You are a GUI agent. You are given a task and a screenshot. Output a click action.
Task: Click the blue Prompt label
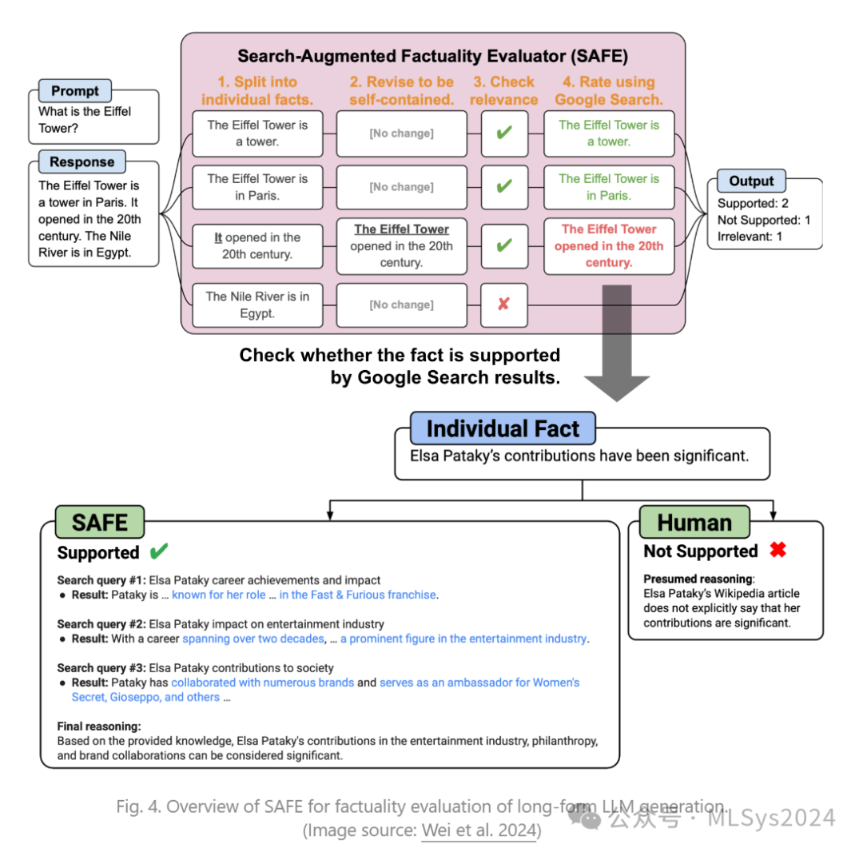[75, 90]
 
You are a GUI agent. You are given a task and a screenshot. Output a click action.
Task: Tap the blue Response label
[82, 161]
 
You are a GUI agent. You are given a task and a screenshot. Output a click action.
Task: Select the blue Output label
[751, 181]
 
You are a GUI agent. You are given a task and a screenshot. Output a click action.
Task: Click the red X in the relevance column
[503, 305]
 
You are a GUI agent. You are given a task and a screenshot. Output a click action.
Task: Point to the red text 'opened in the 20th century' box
[609, 245]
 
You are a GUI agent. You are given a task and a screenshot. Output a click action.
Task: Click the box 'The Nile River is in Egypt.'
[257, 305]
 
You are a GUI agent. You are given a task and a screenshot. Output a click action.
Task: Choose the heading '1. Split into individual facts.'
[257, 90]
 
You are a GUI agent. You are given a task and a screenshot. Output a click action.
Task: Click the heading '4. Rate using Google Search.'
[609, 90]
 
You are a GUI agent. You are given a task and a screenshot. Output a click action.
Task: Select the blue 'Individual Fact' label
[503, 428]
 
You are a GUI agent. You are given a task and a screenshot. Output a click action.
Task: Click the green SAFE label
[100, 522]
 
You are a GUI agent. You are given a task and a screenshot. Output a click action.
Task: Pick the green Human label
[694, 522]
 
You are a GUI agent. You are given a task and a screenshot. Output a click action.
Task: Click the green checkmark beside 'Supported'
[159, 551]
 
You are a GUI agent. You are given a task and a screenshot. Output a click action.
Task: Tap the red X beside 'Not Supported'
[777, 550]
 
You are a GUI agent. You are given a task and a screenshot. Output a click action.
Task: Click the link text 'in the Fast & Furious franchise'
[358, 595]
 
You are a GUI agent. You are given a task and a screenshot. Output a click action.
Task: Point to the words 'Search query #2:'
[101, 623]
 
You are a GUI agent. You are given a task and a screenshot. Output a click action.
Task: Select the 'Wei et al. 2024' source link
[478, 830]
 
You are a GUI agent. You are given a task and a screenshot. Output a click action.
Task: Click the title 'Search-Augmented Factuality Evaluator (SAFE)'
[432, 57]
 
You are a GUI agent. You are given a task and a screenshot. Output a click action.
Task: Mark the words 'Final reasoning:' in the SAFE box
[99, 726]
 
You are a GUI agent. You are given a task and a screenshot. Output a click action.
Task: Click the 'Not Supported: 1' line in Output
[763, 220]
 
